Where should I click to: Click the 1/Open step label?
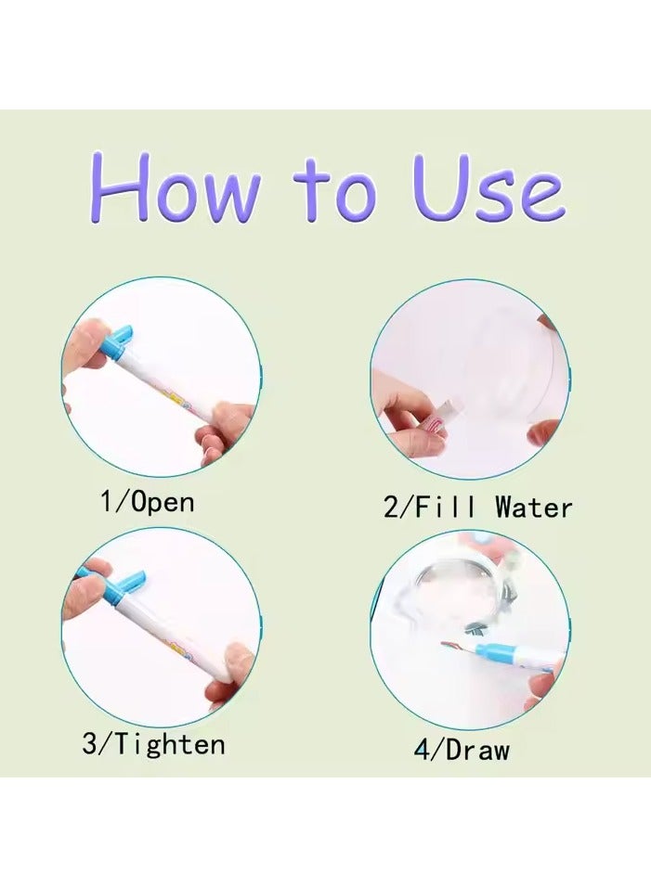click(147, 502)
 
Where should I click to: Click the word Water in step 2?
click(533, 507)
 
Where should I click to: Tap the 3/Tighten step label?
click(153, 743)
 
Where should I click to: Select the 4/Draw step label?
click(462, 749)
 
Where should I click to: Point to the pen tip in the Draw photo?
click(449, 649)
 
